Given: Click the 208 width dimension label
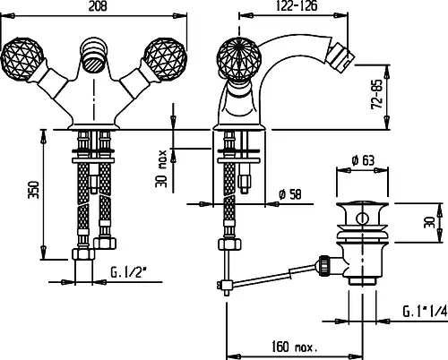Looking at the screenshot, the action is (x=98, y=6).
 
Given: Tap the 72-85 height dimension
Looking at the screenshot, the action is (x=377, y=94).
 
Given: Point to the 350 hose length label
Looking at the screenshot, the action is (x=33, y=190).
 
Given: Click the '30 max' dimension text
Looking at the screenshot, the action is (x=161, y=168).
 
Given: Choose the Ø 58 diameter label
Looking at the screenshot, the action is (x=290, y=195).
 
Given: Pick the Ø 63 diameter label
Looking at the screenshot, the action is (x=363, y=160).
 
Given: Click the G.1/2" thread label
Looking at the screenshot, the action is (x=129, y=272).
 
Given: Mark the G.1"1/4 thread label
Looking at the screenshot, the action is (x=425, y=312).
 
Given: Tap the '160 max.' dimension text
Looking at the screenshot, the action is (x=295, y=347).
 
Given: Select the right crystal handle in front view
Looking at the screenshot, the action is (x=165, y=60).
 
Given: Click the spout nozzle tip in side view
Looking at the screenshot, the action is (x=340, y=56).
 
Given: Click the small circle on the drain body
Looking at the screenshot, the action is (x=362, y=219).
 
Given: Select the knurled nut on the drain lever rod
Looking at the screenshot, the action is (x=324, y=264).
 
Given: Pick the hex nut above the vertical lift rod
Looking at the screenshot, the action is (x=230, y=244).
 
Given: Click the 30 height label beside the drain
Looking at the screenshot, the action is (x=429, y=222).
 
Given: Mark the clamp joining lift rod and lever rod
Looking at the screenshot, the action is (x=227, y=285).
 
